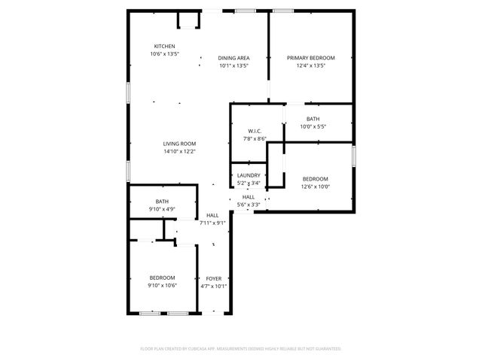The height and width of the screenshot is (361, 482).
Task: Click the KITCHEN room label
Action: click(164, 46)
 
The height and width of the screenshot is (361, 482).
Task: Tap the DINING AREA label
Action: click(233, 58)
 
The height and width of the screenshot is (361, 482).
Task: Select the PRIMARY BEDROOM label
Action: click(310, 58)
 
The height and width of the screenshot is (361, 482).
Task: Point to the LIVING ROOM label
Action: click(180, 144)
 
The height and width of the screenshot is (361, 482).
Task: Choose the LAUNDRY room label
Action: click(249, 175)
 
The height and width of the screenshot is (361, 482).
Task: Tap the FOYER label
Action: click(213, 278)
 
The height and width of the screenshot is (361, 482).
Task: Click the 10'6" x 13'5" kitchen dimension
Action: click(164, 54)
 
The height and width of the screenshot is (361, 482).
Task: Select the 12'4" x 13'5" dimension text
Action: click(310, 65)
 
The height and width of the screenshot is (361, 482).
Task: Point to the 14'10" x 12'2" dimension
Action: click(180, 151)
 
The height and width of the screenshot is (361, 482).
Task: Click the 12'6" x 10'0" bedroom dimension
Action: click(315, 187)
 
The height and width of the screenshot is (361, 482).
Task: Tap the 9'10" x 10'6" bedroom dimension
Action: click(161, 285)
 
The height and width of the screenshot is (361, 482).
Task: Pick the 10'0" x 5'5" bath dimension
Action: click(313, 126)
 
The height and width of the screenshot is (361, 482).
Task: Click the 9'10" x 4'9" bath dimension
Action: click(161, 208)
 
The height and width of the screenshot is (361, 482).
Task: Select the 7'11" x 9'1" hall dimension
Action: click(212, 223)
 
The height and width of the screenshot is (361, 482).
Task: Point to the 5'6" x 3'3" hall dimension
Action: click(249, 205)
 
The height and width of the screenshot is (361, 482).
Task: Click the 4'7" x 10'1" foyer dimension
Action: click(213, 286)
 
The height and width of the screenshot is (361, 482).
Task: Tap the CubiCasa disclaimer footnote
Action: click(241, 349)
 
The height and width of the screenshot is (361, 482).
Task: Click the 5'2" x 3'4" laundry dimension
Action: click(249, 183)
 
